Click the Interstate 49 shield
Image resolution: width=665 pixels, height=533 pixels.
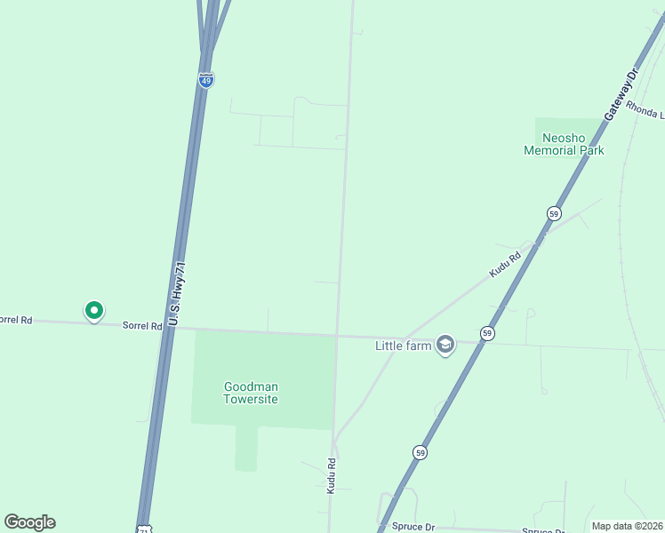[206, 80]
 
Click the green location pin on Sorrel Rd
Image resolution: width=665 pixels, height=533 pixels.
[93, 310]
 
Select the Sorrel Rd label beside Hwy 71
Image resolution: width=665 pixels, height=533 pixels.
[142, 325]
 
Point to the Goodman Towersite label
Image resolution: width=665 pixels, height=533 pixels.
[251, 393]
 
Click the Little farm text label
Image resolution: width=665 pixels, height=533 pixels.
[403, 345]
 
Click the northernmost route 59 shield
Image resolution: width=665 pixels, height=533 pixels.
[554, 214]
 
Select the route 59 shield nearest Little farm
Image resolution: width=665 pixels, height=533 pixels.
[487, 333]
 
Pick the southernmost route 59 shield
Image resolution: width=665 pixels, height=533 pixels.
[420, 452]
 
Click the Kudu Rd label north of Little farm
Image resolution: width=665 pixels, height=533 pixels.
[504, 265]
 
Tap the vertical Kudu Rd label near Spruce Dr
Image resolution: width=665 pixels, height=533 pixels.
[331, 475]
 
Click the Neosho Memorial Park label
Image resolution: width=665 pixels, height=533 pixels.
[564, 144]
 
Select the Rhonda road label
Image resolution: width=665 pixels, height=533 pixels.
[645, 110]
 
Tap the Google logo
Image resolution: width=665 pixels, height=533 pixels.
[29, 522]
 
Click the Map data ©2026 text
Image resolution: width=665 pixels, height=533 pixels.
[628, 526]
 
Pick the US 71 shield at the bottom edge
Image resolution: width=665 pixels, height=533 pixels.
[145, 529]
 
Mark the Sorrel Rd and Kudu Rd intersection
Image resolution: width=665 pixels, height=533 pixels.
[336, 336]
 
